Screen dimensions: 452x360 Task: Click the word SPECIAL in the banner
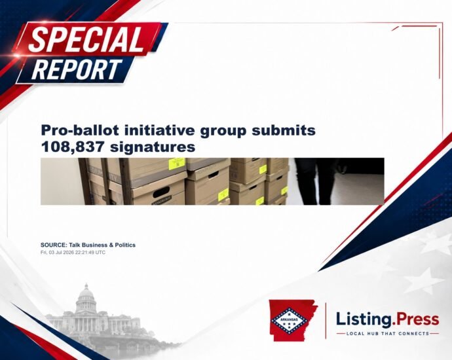pyautogui.click(x=86, y=40)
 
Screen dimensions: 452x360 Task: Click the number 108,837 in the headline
pyautogui.click(x=72, y=147)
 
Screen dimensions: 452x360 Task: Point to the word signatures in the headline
pyautogui.click(x=153, y=147)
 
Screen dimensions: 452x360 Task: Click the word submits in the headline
pyautogui.click(x=284, y=130)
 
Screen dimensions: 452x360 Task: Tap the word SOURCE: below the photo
pyautogui.click(x=54, y=245)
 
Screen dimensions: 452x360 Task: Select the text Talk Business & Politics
pyautogui.click(x=102, y=245)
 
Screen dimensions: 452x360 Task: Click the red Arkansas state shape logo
pyautogui.click(x=292, y=320)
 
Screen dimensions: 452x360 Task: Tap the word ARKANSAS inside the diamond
pyautogui.click(x=288, y=319)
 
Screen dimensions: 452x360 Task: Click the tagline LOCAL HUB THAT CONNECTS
pyautogui.click(x=388, y=334)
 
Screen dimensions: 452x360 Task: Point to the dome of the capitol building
pyautogui.click(x=86, y=294)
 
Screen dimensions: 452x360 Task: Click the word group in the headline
pyautogui.click(x=223, y=131)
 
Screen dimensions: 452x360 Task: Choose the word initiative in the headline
pyautogui.click(x=159, y=130)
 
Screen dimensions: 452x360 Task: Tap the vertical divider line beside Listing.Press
pyautogui.click(x=326, y=321)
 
